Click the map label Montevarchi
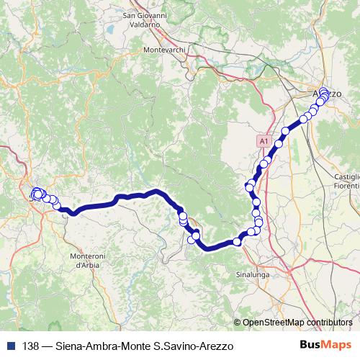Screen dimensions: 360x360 (x=165, y=49)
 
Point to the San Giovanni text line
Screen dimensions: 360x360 (x=145, y=15)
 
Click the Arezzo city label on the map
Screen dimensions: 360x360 (x=327, y=94)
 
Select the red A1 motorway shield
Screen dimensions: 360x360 (x=264, y=142)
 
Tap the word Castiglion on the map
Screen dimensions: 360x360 (x=346, y=176)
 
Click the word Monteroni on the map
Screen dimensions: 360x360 (x=89, y=257)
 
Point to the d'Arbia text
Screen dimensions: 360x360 (x=89, y=266)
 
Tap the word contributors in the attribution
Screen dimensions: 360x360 (x=329, y=323)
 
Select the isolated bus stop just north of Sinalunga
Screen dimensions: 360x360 (x=238, y=242)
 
